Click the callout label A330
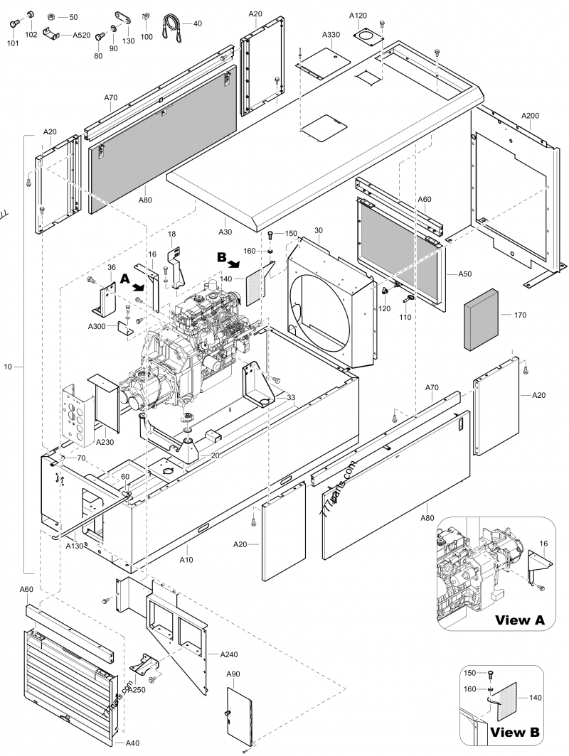(x=331, y=35)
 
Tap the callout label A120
(x=359, y=15)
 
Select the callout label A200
(x=530, y=116)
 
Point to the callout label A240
(x=229, y=653)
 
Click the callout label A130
(x=75, y=546)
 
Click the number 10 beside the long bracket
(x=8, y=366)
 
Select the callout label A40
(x=132, y=743)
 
